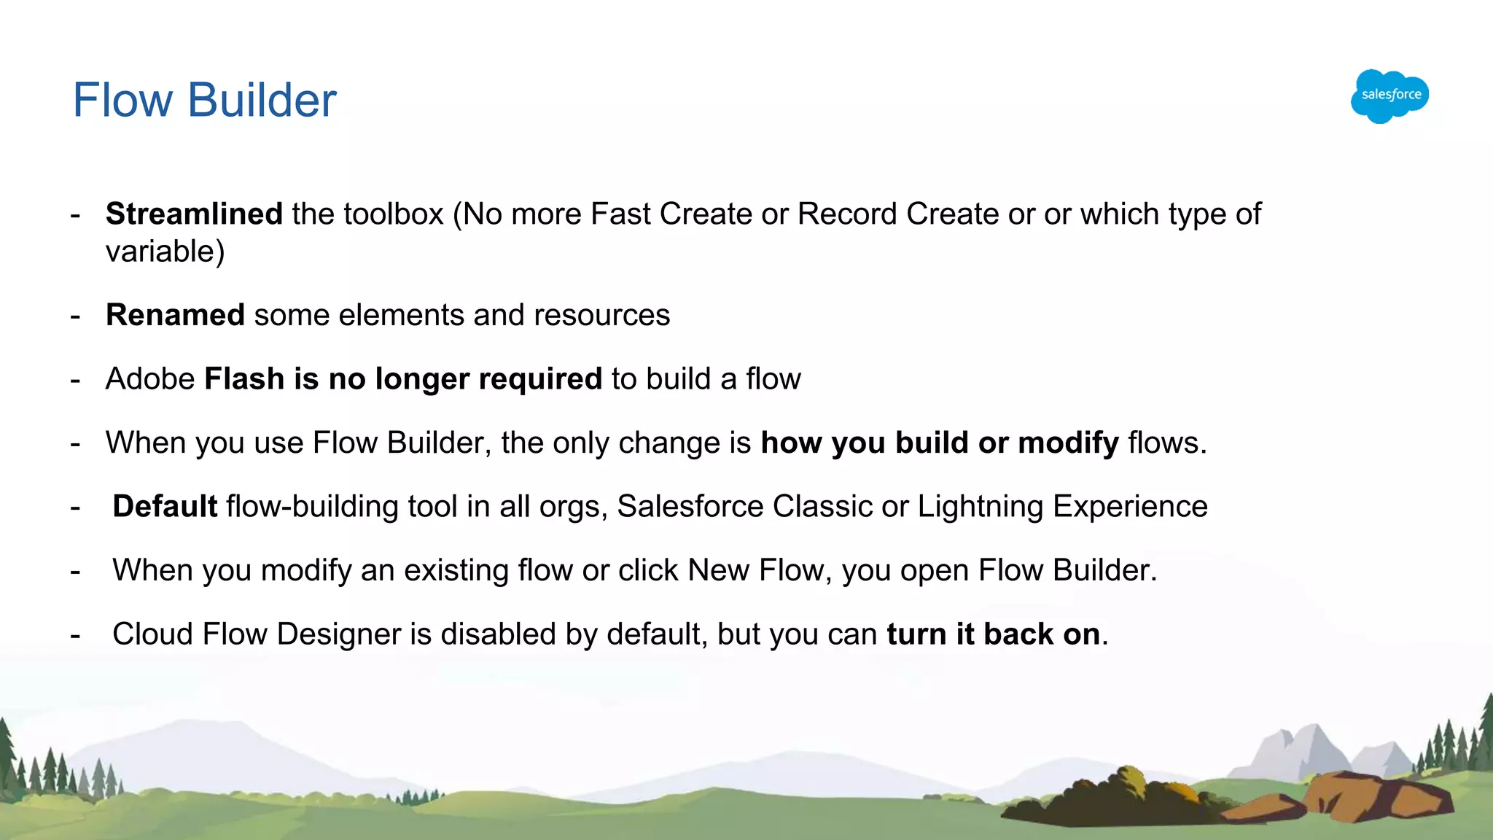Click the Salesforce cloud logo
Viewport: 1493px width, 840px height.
click(x=1389, y=96)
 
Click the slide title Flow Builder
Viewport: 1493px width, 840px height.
click(x=204, y=100)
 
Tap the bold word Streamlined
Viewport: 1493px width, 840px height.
click(x=194, y=214)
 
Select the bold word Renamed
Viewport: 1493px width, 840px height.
click(x=175, y=315)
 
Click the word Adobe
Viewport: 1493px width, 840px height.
click(x=150, y=379)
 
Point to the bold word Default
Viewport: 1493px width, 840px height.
click(x=165, y=507)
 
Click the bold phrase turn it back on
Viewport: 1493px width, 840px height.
click(x=993, y=634)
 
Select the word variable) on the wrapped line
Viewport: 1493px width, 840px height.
click(x=165, y=252)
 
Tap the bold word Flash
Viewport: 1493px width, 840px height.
click(x=244, y=379)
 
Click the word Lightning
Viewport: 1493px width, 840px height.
click(x=981, y=507)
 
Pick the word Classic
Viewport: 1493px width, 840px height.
click(x=822, y=507)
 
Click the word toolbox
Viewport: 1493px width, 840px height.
click(x=394, y=214)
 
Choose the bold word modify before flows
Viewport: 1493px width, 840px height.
click(x=1068, y=443)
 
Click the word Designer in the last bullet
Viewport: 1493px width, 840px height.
click(x=339, y=634)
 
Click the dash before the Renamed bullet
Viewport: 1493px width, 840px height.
click(x=75, y=316)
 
